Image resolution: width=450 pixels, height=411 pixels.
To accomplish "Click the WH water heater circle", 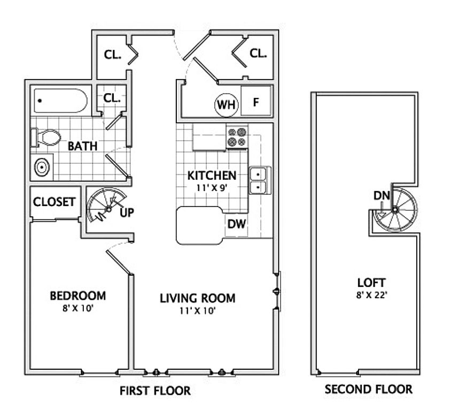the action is point(227,105).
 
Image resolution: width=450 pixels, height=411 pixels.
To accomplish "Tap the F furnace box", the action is point(256,101).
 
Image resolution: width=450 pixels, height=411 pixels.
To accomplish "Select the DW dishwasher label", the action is point(237,224).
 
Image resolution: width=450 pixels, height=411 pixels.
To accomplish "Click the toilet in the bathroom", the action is point(46,138).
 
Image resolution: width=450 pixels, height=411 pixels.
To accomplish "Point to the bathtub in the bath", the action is point(60,101).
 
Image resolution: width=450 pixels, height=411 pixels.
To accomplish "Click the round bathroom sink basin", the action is point(42,166).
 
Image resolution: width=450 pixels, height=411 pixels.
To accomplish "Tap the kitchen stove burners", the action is point(237,137).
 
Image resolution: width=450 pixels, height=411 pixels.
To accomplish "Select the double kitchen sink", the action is point(260,180).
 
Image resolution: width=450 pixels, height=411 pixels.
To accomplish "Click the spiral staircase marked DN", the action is point(395,210).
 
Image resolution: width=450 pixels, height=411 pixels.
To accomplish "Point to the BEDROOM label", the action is point(78,295).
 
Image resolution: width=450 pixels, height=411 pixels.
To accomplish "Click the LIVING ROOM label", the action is point(197,298).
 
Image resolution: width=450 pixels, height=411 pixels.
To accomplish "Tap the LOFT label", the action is point(371,283).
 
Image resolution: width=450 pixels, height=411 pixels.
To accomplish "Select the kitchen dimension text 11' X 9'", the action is point(212,188).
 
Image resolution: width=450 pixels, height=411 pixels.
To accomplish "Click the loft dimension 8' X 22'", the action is point(372,295).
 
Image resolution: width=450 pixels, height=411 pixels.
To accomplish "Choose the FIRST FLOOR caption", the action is point(155,391).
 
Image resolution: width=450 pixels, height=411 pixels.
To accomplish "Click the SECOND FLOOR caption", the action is point(368,389).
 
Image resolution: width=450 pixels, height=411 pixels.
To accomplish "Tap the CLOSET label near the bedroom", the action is point(54,202).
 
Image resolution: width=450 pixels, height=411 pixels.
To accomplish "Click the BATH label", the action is point(83,146).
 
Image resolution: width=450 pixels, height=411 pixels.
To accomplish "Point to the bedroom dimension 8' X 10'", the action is point(78,308).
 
